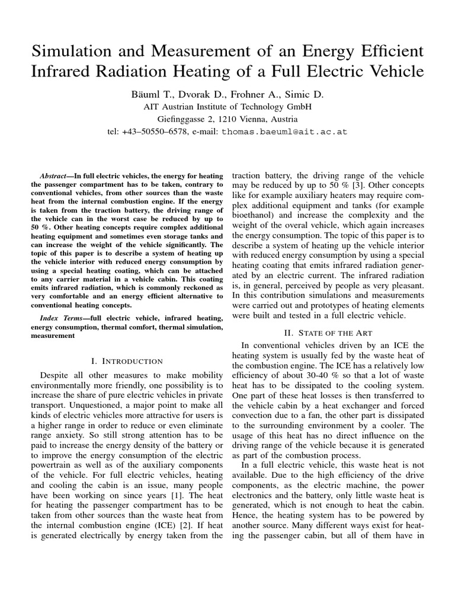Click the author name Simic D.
[x=300, y=94]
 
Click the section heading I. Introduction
[x=127, y=360]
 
